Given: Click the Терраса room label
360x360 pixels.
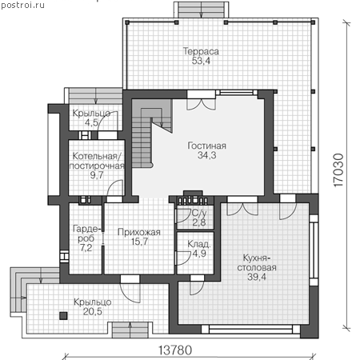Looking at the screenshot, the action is coord(201,51).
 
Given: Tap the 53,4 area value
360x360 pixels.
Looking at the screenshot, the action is coord(201,61).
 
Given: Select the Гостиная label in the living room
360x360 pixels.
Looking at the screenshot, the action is coord(206,146).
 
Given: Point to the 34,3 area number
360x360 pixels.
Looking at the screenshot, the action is coord(206,155).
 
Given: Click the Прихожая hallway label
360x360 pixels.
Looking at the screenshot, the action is coord(139,232).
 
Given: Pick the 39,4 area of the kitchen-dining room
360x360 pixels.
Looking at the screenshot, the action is coord(257,277).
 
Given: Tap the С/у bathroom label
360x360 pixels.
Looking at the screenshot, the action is coord(199,213).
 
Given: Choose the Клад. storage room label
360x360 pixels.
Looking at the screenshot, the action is coord(198,244).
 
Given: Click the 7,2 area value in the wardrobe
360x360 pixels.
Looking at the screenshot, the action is coord(86,248).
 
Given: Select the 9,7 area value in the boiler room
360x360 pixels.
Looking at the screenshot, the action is coord(97,175).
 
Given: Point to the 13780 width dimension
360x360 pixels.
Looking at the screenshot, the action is coord(175,350).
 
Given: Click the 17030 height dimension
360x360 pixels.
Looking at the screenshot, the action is coord(338,170).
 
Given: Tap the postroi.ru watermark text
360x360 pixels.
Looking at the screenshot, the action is coord(22,5).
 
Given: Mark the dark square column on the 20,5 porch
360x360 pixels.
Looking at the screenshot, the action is coord(63,316).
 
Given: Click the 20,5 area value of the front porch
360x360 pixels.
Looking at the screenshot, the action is coord(92,311).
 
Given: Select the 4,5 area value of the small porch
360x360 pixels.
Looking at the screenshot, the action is coord(91,123).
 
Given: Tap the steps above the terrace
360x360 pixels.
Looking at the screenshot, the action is coord(201,10).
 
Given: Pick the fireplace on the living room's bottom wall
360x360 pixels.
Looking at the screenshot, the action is coord(193,198).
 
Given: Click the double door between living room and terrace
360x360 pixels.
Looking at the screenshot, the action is coord(201,101).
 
